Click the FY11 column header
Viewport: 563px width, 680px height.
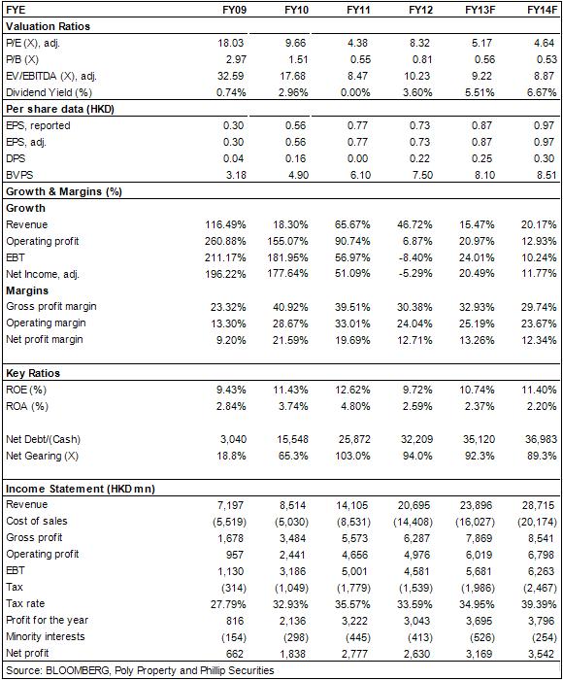(358, 10)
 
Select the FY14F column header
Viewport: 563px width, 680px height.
(543, 10)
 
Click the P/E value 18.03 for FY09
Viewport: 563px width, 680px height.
(231, 43)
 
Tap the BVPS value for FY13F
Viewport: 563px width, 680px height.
(482, 175)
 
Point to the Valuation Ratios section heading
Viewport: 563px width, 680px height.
(49, 26)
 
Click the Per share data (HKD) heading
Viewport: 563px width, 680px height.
(60, 109)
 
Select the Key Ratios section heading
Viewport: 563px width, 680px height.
(33, 373)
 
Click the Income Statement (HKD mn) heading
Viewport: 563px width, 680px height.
(81, 489)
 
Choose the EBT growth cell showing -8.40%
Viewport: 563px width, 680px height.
(414, 257)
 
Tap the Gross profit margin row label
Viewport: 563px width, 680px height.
(51, 307)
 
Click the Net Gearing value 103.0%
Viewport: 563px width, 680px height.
(354, 457)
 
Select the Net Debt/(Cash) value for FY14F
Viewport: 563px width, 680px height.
(541, 440)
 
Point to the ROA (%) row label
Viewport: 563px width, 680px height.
(27, 406)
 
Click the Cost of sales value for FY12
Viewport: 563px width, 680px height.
(413, 523)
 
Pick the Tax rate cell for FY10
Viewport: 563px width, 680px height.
(290, 604)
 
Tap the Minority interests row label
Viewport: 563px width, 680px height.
(46, 636)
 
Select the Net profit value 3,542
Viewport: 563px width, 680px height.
(542, 654)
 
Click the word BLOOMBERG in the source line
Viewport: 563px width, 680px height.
(77, 671)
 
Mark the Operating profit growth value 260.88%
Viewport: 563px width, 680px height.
(225, 241)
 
